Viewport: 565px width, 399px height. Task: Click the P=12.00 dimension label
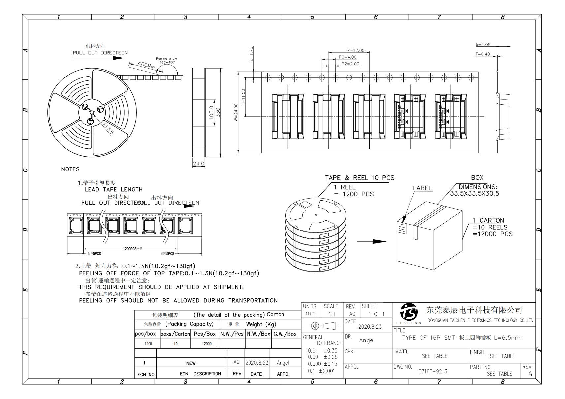355,50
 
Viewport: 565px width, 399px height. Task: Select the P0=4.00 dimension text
348,57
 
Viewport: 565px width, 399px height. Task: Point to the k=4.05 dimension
483,45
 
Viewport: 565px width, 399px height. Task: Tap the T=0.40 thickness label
482,54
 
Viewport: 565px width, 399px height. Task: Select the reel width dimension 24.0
198,164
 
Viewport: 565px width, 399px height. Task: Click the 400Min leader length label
146,65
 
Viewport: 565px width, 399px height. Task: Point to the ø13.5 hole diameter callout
108,128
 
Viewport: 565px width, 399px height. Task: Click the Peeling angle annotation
166,60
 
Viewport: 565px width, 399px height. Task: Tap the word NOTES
70,169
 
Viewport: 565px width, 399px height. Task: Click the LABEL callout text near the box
422,188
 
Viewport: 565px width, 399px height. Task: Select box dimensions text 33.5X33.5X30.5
475,194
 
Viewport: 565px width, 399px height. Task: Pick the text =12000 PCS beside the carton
492,234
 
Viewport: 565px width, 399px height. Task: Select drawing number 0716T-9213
433,371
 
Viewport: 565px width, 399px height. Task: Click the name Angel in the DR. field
367,340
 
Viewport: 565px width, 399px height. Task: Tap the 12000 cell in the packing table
207,344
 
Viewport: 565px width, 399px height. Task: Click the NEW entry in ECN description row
191,363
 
